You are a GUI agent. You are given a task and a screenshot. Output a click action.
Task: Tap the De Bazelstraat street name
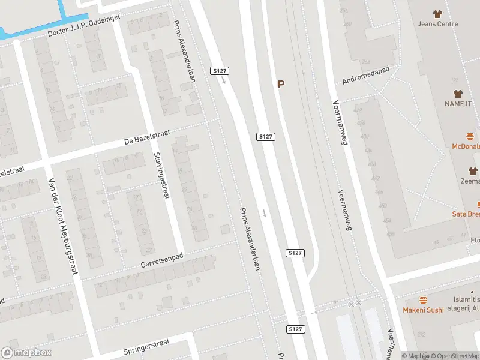144,140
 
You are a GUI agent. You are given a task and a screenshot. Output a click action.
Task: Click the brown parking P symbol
280,85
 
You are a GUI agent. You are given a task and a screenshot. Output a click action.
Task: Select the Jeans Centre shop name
438,24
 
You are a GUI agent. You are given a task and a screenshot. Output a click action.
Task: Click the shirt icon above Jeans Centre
438,14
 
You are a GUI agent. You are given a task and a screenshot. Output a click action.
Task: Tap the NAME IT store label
458,104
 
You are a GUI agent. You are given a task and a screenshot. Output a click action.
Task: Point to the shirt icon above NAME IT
458,94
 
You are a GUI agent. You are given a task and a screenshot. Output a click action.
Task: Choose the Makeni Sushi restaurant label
423,310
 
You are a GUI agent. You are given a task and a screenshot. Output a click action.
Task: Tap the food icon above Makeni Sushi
423,299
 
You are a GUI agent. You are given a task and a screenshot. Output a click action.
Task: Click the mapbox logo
26,352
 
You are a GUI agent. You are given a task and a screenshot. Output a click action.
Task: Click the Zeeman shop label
472,181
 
